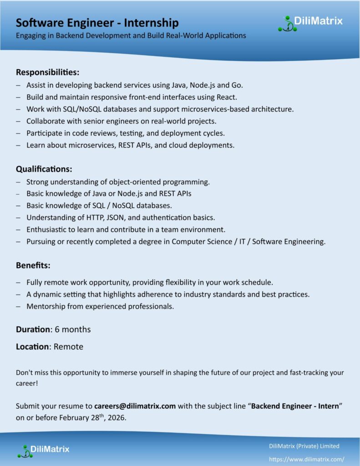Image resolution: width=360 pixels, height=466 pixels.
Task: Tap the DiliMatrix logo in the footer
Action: coord(43,450)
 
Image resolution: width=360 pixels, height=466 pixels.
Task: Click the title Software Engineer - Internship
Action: coord(97,23)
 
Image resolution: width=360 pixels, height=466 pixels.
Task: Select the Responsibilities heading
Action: coord(48,72)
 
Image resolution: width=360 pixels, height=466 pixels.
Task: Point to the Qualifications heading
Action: coord(44,169)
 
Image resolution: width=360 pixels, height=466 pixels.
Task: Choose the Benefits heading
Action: coord(33,265)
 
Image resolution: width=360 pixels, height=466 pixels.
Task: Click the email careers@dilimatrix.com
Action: coord(135,406)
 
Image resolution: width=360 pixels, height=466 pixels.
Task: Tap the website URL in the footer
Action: coord(307,460)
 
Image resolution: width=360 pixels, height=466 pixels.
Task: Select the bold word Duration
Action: coord(33,329)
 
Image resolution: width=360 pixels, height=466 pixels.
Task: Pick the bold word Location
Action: coord(32,347)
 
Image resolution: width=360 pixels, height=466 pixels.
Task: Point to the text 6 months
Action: coord(73,329)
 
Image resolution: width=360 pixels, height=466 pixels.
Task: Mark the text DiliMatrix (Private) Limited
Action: coord(304,446)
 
